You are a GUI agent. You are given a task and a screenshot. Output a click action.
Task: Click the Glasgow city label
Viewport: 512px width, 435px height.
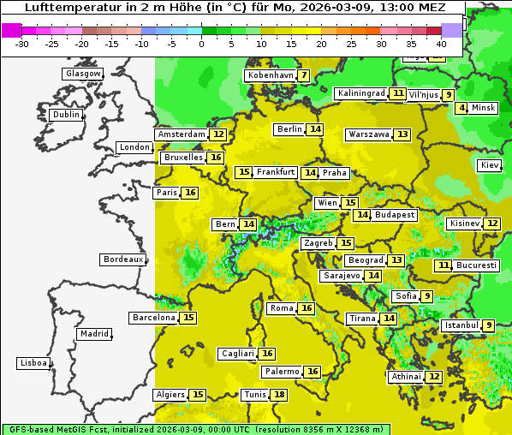coord(83,74)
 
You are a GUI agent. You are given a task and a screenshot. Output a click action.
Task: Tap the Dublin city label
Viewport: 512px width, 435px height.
coord(65,115)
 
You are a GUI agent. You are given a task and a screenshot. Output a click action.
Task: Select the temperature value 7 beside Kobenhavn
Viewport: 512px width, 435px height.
coord(304,75)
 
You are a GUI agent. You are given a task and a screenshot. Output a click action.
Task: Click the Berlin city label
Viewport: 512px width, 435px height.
coord(289,129)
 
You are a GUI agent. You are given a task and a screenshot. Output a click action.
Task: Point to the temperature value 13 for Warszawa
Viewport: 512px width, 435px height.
coord(402,134)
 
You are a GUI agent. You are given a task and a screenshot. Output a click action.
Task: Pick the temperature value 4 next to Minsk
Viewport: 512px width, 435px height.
coord(461,108)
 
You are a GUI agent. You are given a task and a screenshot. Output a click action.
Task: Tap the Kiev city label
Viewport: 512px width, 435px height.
coord(490,165)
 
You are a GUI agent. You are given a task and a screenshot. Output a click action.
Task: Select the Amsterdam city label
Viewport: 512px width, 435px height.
coord(182,134)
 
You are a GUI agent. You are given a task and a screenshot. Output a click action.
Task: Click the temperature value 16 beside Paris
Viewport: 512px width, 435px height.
coord(190,193)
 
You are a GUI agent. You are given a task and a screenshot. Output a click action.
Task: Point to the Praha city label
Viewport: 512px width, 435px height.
coord(335,173)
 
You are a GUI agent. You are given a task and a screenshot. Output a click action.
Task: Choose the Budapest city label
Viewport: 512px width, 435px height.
coord(395,215)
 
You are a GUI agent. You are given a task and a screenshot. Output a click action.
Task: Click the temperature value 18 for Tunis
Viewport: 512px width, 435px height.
coord(279,395)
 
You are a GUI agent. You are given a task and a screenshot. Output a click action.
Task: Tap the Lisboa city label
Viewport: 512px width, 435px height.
coord(33,363)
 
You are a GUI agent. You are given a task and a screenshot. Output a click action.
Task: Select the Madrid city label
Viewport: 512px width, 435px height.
coord(93,334)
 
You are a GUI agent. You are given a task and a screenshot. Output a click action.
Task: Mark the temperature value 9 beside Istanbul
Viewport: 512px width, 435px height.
coord(488,325)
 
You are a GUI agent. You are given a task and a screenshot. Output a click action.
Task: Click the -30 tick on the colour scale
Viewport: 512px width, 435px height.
coord(23,44)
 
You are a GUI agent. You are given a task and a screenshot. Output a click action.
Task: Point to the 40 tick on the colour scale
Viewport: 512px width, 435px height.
coord(441,44)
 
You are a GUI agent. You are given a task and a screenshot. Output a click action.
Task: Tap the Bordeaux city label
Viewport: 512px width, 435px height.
coord(123,259)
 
